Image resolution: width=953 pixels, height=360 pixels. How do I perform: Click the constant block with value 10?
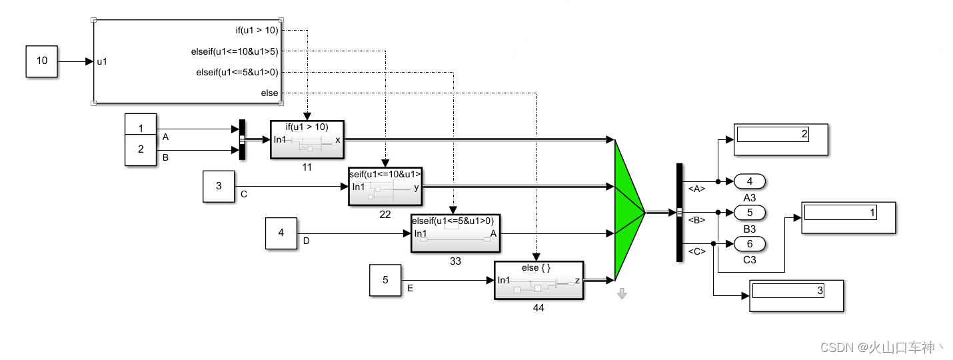pos(42,61)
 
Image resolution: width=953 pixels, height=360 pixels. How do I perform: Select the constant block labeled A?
pos(141,128)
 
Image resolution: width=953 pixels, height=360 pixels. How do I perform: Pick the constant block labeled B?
pos(141,150)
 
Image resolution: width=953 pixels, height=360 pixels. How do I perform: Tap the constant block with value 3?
pos(219,186)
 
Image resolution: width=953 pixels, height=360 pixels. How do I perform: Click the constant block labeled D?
pos(281,233)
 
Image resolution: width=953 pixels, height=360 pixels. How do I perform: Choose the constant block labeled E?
pos(385,280)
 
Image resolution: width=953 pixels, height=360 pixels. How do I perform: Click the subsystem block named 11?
pos(307,140)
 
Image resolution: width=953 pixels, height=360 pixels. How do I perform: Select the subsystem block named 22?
pos(385,187)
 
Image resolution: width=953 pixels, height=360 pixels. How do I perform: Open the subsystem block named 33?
pos(455,233)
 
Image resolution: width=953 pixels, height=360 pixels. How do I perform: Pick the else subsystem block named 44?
pos(538,281)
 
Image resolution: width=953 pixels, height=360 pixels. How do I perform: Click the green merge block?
pos(626,210)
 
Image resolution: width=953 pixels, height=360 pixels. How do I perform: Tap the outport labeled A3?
pos(749,181)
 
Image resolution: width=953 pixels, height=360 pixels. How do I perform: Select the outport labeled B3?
pos(749,213)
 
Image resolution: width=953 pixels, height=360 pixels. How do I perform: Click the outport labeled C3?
pos(749,244)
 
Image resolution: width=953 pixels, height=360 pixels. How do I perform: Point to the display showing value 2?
pos(780,139)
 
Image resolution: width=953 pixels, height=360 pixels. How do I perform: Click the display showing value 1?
pos(848,217)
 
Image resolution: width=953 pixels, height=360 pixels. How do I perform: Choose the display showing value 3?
pos(796,295)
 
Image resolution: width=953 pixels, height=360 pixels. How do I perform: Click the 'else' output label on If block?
pos(269,93)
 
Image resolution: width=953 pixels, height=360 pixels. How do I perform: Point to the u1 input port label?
pos(103,61)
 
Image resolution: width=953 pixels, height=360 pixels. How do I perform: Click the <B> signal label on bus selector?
pos(696,219)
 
